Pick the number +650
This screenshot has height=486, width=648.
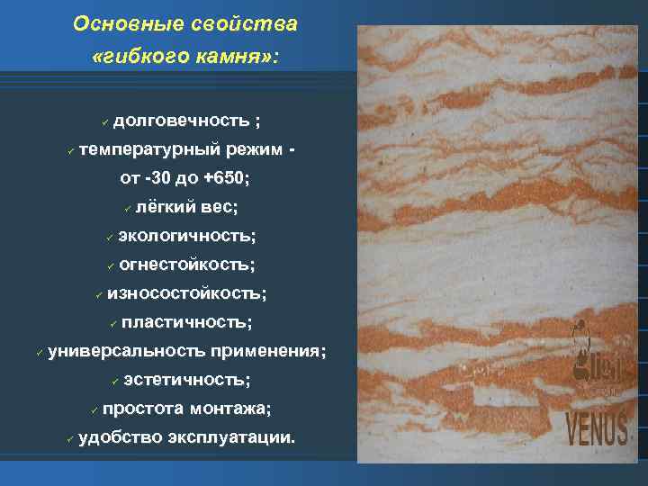(x=223, y=178)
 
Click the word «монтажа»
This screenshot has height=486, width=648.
(x=229, y=409)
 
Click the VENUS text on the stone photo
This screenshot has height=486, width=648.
(x=597, y=429)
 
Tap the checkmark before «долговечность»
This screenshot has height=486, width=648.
(x=105, y=121)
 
